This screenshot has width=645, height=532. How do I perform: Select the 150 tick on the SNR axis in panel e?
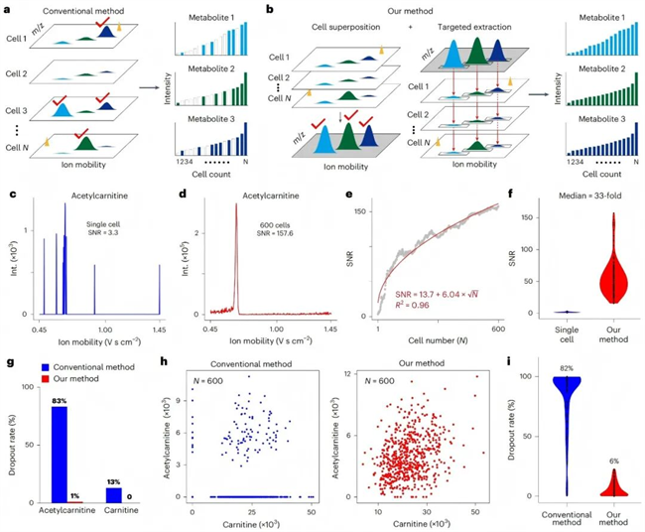tap(364, 210)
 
